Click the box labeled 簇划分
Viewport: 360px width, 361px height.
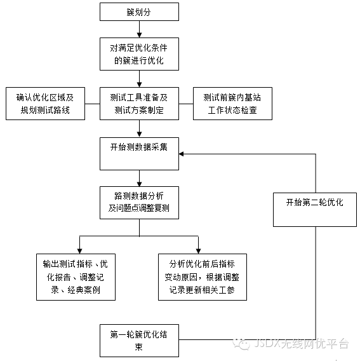139,11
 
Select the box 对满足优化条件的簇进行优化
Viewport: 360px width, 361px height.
139,54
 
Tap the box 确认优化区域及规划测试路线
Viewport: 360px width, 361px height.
45,104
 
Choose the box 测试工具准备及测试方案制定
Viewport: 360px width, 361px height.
139,104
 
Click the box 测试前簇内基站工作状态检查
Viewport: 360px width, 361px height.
232,104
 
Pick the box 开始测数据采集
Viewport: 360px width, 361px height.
139,154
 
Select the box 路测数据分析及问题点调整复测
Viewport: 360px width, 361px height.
139,203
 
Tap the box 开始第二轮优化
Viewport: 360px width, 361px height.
315,210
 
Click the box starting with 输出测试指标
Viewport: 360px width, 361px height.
76,277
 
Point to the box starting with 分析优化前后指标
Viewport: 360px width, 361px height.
203,277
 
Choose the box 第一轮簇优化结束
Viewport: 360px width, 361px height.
139,341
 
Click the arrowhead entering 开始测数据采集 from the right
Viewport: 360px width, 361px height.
181,154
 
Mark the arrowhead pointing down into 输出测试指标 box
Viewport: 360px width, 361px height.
79,251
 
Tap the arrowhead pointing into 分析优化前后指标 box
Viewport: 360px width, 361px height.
198,251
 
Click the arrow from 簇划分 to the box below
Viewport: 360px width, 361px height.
139,29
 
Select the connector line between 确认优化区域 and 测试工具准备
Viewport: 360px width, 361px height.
92,104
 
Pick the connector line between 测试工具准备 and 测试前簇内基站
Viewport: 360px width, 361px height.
186,104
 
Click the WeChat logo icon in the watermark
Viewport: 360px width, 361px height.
241,344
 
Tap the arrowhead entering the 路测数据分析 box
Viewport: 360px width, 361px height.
139,184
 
